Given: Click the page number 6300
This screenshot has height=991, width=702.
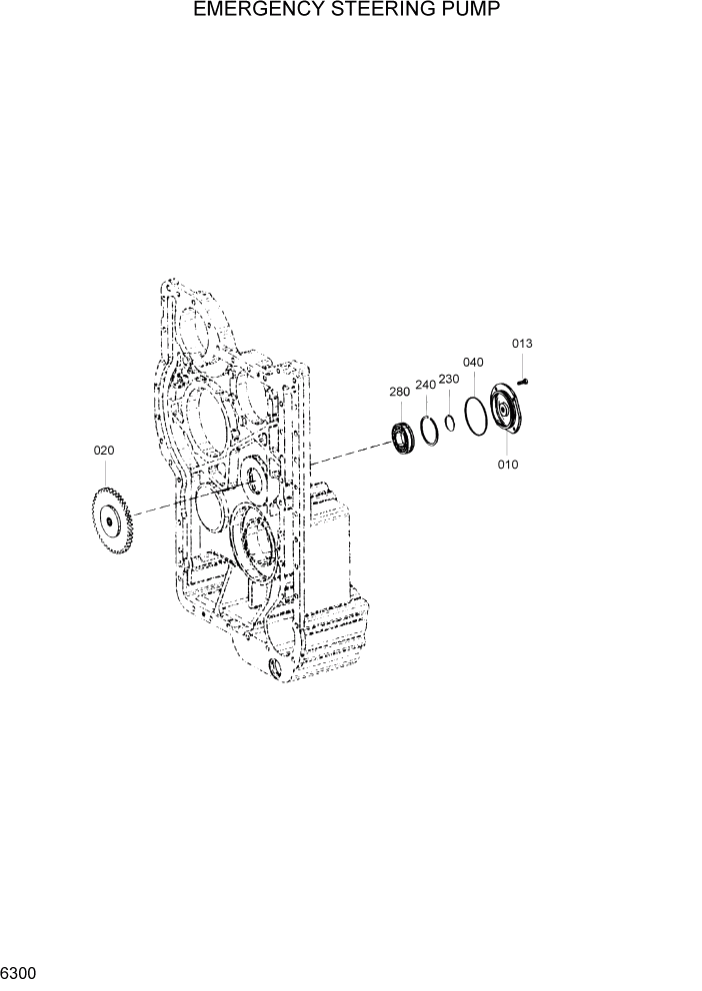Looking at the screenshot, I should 19,972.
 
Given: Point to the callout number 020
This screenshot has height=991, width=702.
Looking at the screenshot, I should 104,451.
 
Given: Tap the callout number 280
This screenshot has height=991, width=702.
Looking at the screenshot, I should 399,393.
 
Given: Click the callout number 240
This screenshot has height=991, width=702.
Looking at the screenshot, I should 425,385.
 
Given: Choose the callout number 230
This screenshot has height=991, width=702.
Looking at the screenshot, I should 449,379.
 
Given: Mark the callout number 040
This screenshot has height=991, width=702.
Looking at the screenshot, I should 473,362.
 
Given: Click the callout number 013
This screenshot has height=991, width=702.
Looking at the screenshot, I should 522,344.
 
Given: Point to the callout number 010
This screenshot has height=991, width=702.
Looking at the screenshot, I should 508,465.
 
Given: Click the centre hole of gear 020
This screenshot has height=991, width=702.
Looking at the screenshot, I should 108,518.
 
